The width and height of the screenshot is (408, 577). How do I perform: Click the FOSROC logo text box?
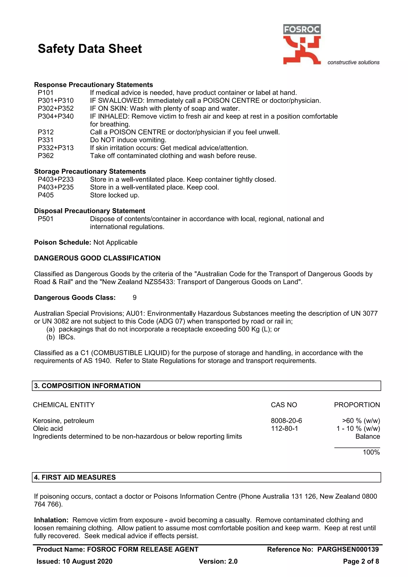[x=302, y=30]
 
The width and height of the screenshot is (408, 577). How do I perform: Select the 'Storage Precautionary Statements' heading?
[x=90, y=171]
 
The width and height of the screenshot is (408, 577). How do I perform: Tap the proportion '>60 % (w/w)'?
[x=361, y=421]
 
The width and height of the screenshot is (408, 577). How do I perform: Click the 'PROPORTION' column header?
[x=357, y=405]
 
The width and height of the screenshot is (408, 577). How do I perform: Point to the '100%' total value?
[x=371, y=452]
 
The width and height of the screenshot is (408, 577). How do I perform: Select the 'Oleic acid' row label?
[x=48, y=429]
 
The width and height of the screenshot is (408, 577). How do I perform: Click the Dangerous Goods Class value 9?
[x=134, y=297]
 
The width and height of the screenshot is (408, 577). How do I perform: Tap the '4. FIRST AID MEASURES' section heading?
[x=75, y=477]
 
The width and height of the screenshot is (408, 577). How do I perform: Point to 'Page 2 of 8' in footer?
[x=361, y=561]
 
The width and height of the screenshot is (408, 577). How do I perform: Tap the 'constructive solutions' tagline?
[x=353, y=62]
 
